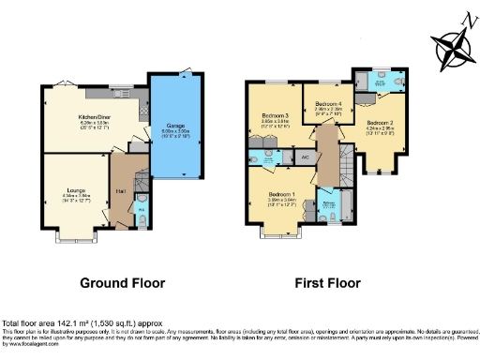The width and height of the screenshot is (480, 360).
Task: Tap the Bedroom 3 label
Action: tap(275, 117)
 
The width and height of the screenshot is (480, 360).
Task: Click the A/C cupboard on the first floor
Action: tap(305, 157)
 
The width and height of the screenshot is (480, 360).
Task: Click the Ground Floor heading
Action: tap(122, 282)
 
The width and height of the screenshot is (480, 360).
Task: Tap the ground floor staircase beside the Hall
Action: tap(137, 177)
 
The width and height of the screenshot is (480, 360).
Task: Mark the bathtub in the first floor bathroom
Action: tap(346, 205)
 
